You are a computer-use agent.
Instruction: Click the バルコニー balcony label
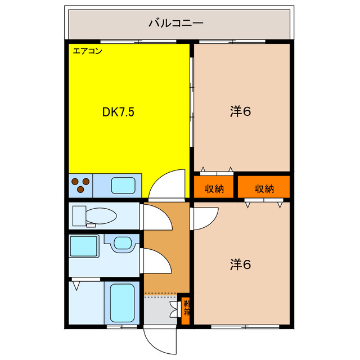click(175, 24)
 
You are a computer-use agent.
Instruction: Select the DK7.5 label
click(118, 112)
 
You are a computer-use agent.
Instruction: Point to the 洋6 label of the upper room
click(240, 111)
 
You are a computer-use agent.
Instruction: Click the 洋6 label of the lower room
click(240, 263)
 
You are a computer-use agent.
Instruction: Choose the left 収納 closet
click(214, 188)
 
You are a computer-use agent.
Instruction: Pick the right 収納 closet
click(263, 188)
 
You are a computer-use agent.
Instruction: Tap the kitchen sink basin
click(123, 185)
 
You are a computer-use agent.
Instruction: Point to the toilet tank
click(78, 215)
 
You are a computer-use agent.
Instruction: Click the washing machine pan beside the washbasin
click(84, 246)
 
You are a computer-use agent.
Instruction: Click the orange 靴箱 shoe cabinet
click(185, 309)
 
